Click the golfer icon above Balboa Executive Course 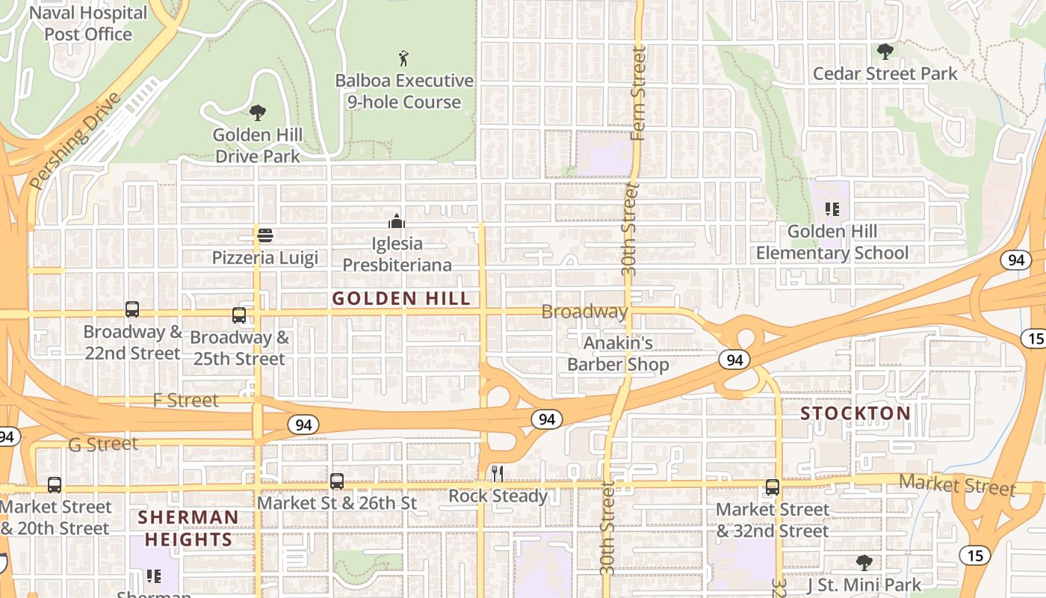pyautogui.click(x=403, y=58)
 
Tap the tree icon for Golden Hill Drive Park pyautogui.click(x=258, y=113)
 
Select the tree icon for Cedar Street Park pyautogui.click(x=885, y=52)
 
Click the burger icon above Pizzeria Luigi pyautogui.click(x=264, y=236)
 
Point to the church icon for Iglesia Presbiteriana pyautogui.click(x=397, y=221)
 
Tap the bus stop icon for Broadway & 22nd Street pyautogui.click(x=132, y=309)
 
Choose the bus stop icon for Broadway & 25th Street pyautogui.click(x=239, y=315)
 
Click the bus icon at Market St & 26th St pyautogui.click(x=337, y=481)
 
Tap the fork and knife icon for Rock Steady pyautogui.click(x=498, y=474)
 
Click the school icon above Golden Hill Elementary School pyautogui.click(x=832, y=209)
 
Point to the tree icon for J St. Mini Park pyautogui.click(x=864, y=562)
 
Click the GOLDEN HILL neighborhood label pyautogui.click(x=401, y=299)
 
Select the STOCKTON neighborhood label pyautogui.click(x=855, y=413)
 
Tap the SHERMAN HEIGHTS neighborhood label pyautogui.click(x=188, y=528)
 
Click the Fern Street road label pyautogui.click(x=637, y=93)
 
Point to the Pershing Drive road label pyautogui.click(x=75, y=141)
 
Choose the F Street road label pyautogui.click(x=186, y=401)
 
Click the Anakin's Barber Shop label pyautogui.click(x=618, y=354)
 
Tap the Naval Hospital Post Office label pyautogui.click(x=88, y=23)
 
